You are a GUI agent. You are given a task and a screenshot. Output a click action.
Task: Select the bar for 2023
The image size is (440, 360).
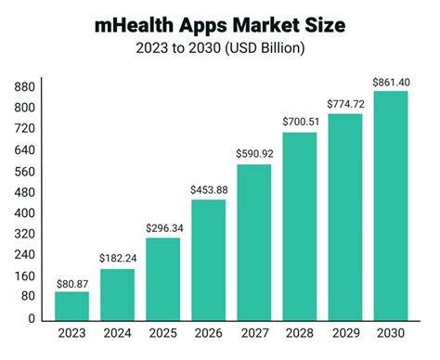pyautogui.click(x=71, y=305)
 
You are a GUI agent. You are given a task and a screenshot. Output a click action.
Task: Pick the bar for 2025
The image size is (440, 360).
pyautogui.click(x=162, y=278)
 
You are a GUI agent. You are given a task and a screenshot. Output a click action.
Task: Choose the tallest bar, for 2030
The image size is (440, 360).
pyautogui.click(x=391, y=205)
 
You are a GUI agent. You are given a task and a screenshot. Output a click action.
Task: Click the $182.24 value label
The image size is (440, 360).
pyautogui.click(x=117, y=259)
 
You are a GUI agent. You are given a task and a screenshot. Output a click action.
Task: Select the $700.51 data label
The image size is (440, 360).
pyautogui.click(x=299, y=122)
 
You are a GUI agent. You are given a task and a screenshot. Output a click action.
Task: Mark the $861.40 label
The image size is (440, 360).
pyautogui.click(x=391, y=81)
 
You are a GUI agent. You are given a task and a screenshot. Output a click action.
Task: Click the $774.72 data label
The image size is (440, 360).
pyautogui.click(x=345, y=103)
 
